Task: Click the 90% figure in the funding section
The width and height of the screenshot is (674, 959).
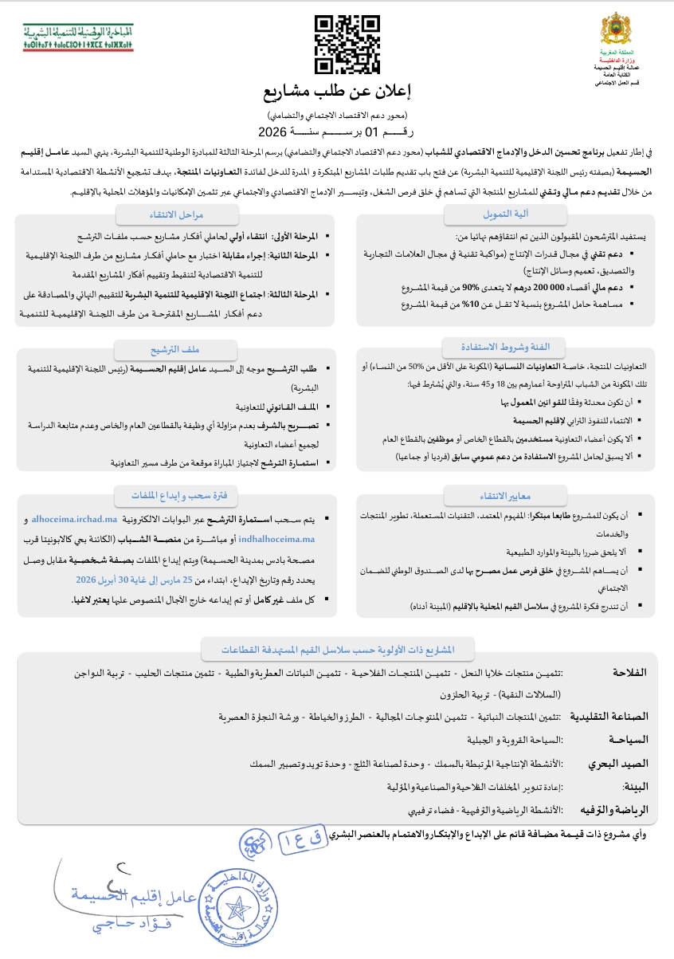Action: tap(471, 287)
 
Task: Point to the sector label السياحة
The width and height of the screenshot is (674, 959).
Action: tap(625, 740)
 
